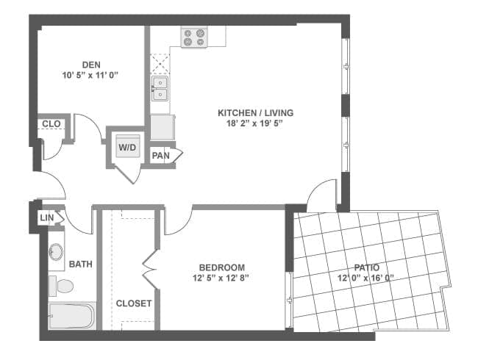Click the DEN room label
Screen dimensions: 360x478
point(91,64)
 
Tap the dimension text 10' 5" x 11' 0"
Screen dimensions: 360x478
point(91,75)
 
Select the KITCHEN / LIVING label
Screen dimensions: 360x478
point(255,112)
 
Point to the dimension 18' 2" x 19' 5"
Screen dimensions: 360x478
point(255,123)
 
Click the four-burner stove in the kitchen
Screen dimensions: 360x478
point(194,37)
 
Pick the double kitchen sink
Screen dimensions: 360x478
point(160,90)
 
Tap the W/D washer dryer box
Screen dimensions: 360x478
point(128,147)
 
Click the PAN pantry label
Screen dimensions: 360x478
point(160,156)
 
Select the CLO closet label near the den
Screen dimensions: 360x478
point(51,124)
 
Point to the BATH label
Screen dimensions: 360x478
point(79,264)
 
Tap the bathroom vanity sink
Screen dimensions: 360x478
point(56,252)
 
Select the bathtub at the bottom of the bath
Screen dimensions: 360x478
point(71,317)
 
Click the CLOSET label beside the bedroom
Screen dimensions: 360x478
point(134,303)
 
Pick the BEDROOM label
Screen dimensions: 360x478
point(221,267)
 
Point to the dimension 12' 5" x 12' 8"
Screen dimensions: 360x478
point(221,278)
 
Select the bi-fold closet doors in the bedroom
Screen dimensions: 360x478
point(151,268)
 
